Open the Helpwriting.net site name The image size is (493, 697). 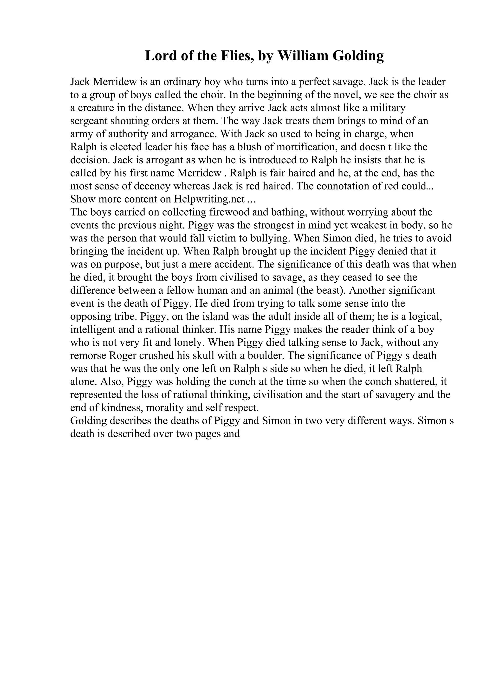pos(209,199)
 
